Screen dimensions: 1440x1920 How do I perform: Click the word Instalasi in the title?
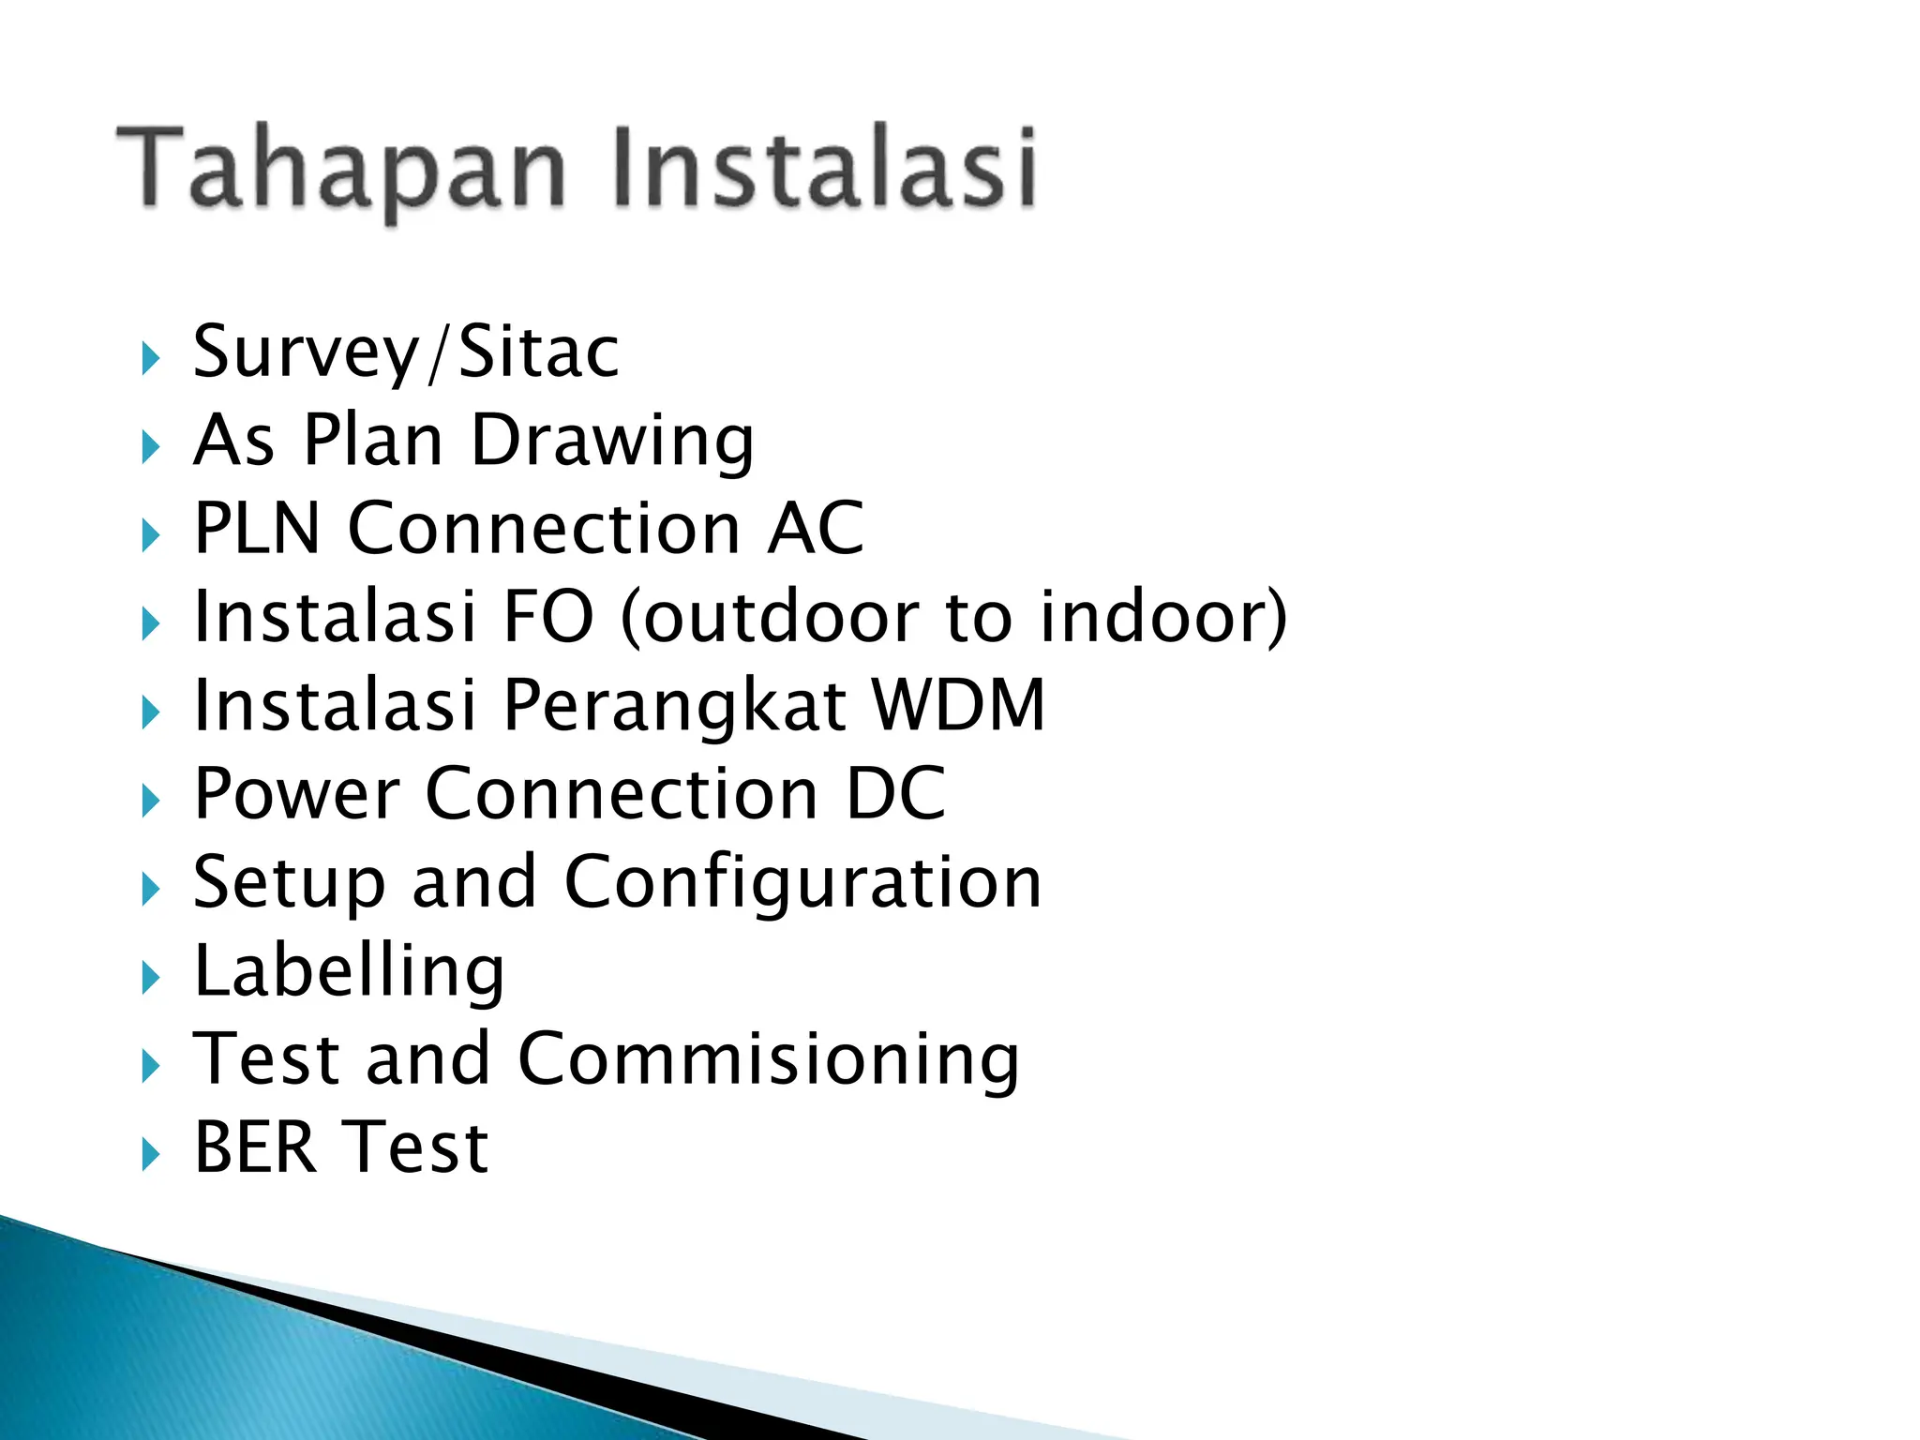click(x=825, y=169)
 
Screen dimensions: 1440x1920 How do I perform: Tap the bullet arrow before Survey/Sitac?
click(x=150, y=358)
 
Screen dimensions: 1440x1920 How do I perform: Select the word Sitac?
click(x=539, y=352)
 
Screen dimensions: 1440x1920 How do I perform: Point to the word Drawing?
click(x=611, y=441)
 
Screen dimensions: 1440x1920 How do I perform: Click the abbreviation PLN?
click(x=257, y=529)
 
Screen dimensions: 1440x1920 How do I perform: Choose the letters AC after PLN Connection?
click(x=815, y=529)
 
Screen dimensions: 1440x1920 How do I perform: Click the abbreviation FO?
click(x=548, y=617)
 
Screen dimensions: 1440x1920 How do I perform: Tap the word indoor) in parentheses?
click(x=1162, y=617)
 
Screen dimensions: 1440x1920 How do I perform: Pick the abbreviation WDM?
click(x=958, y=705)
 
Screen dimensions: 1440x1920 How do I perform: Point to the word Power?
click(x=296, y=794)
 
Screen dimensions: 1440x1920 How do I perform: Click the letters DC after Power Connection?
click(x=895, y=794)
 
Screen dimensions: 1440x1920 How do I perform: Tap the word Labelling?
click(x=349, y=971)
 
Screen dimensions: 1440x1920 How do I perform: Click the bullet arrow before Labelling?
click(x=150, y=978)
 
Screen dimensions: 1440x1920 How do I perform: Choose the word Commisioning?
click(x=768, y=1060)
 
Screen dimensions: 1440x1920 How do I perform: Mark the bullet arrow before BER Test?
click(x=150, y=1155)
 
